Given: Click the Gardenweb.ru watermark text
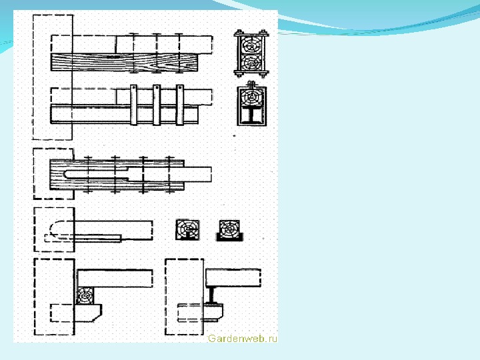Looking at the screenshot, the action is tap(242, 339).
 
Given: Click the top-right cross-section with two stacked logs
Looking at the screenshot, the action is tap(251, 54).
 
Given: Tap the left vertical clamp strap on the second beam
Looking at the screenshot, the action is tap(134, 105).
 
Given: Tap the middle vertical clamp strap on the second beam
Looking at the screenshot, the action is tap(157, 105).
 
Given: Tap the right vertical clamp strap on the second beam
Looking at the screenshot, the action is tap(179, 105).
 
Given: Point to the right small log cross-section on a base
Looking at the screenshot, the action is tap(229, 230).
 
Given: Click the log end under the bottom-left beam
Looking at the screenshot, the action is tap(86, 296).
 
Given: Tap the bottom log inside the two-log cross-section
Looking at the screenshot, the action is tap(251, 63).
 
